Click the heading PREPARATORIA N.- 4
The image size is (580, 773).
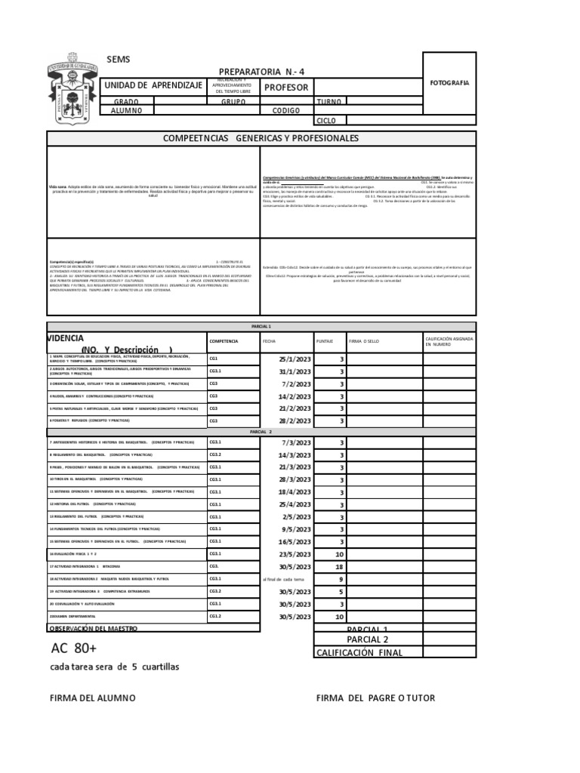(x=263, y=71)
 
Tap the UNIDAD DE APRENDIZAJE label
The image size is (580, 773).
(x=153, y=87)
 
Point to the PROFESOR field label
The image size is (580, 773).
(x=286, y=88)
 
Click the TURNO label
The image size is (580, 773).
(x=329, y=101)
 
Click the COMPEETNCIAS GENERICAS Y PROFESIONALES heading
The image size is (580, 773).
(x=261, y=139)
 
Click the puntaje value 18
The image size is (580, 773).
(x=339, y=566)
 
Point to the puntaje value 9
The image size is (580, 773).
(x=341, y=579)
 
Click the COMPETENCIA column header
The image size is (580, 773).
(x=224, y=342)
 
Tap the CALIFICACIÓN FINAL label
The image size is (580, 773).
(x=359, y=653)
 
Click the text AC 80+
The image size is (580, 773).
(x=74, y=649)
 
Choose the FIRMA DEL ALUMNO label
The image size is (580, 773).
(x=92, y=698)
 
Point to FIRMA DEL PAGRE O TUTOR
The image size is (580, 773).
(x=375, y=698)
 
